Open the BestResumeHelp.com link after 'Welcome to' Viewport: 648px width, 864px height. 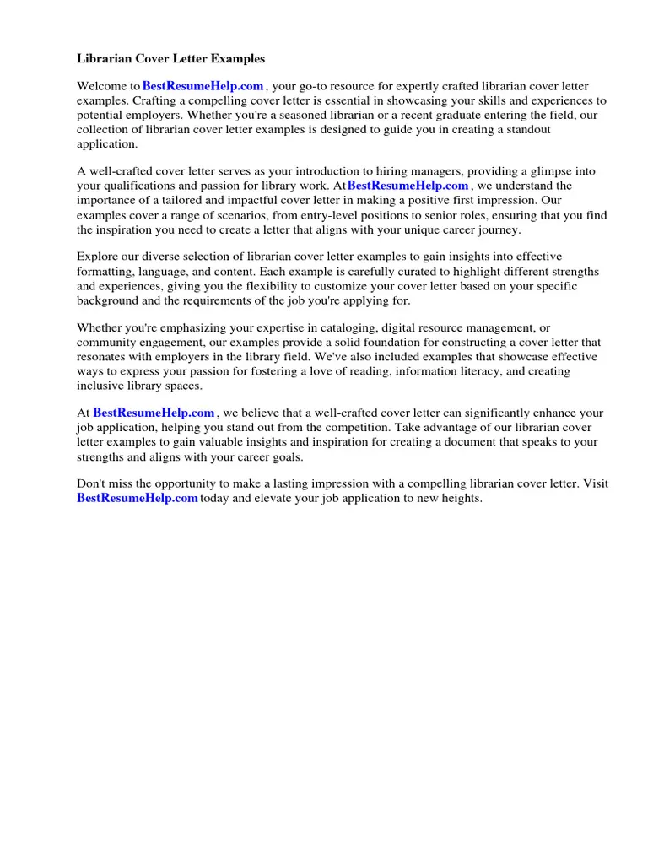203,87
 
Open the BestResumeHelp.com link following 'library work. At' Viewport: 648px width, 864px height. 408,186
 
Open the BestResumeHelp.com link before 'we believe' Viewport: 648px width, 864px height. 154,413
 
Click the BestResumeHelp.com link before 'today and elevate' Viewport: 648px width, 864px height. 138,499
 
